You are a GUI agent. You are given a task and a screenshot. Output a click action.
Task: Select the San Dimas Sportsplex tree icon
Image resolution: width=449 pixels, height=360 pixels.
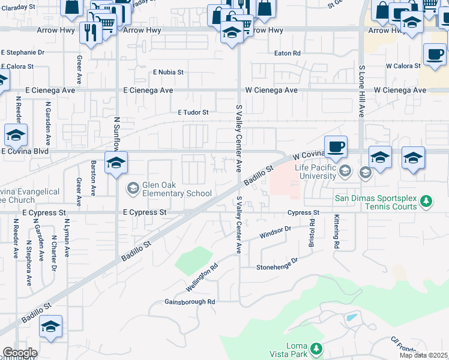[x=426, y=200]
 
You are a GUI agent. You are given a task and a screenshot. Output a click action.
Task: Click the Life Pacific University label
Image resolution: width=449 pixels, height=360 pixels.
[x=315, y=172]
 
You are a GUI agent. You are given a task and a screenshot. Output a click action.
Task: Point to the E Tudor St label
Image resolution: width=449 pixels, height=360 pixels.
[x=193, y=112]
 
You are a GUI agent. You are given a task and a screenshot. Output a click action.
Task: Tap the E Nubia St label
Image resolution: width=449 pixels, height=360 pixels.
[x=167, y=72]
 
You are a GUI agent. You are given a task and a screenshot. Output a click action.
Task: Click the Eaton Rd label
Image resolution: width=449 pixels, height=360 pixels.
[x=287, y=53]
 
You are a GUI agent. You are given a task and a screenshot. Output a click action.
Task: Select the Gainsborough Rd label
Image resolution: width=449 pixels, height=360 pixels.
[x=190, y=302]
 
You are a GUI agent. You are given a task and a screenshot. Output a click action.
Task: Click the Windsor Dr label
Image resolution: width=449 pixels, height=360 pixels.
[x=275, y=232]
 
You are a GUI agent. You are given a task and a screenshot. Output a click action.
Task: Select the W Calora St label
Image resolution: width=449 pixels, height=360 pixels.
[x=402, y=65]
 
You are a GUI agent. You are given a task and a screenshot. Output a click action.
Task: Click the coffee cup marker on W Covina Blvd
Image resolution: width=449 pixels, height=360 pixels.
[x=336, y=146]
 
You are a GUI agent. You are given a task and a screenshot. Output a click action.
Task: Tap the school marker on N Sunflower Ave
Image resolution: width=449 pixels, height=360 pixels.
[x=116, y=162]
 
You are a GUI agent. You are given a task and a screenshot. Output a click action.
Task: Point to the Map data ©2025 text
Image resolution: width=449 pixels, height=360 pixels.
[x=423, y=355]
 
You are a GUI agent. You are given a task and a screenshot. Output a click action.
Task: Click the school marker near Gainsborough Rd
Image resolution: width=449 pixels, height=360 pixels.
[x=51, y=327]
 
